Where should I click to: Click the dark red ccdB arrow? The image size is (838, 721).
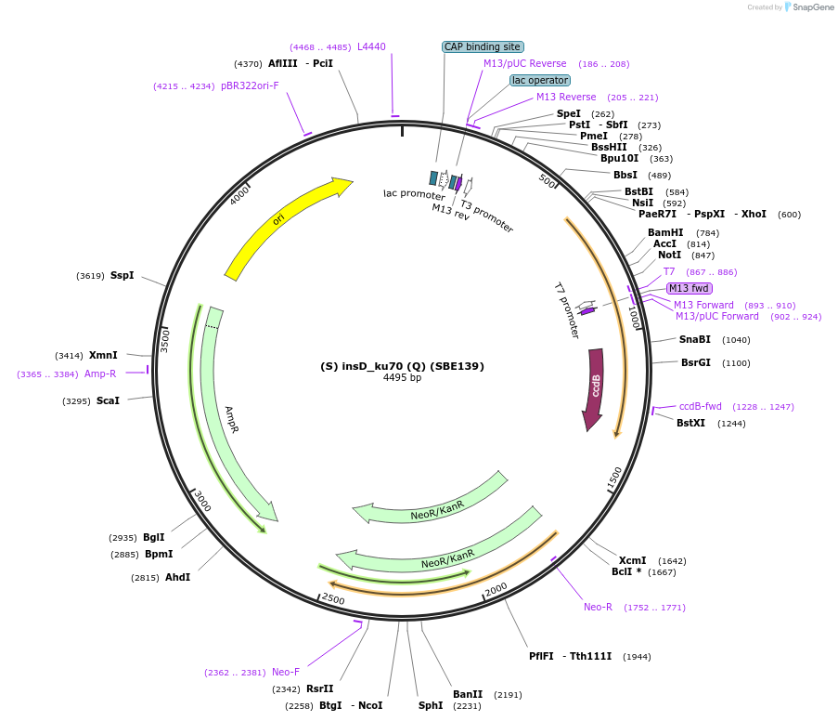595,385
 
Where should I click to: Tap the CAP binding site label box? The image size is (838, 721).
483,46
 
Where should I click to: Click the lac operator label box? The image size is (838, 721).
539,80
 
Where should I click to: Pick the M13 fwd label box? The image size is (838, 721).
689,288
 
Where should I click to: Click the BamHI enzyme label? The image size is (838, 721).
665,232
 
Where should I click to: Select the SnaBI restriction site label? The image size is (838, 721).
694,339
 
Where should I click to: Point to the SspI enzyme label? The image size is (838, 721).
122,275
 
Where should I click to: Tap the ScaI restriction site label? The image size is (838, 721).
108,400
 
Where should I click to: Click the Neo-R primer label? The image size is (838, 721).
598,607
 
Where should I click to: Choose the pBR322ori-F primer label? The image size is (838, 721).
250,85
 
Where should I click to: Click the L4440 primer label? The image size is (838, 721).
371,46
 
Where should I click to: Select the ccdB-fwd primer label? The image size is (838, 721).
700,406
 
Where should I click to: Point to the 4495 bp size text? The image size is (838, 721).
402,378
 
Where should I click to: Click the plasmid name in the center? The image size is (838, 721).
402,366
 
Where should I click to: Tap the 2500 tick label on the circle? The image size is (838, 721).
332,600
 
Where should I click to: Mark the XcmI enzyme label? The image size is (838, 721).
632,560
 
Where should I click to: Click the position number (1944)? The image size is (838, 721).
637,656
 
